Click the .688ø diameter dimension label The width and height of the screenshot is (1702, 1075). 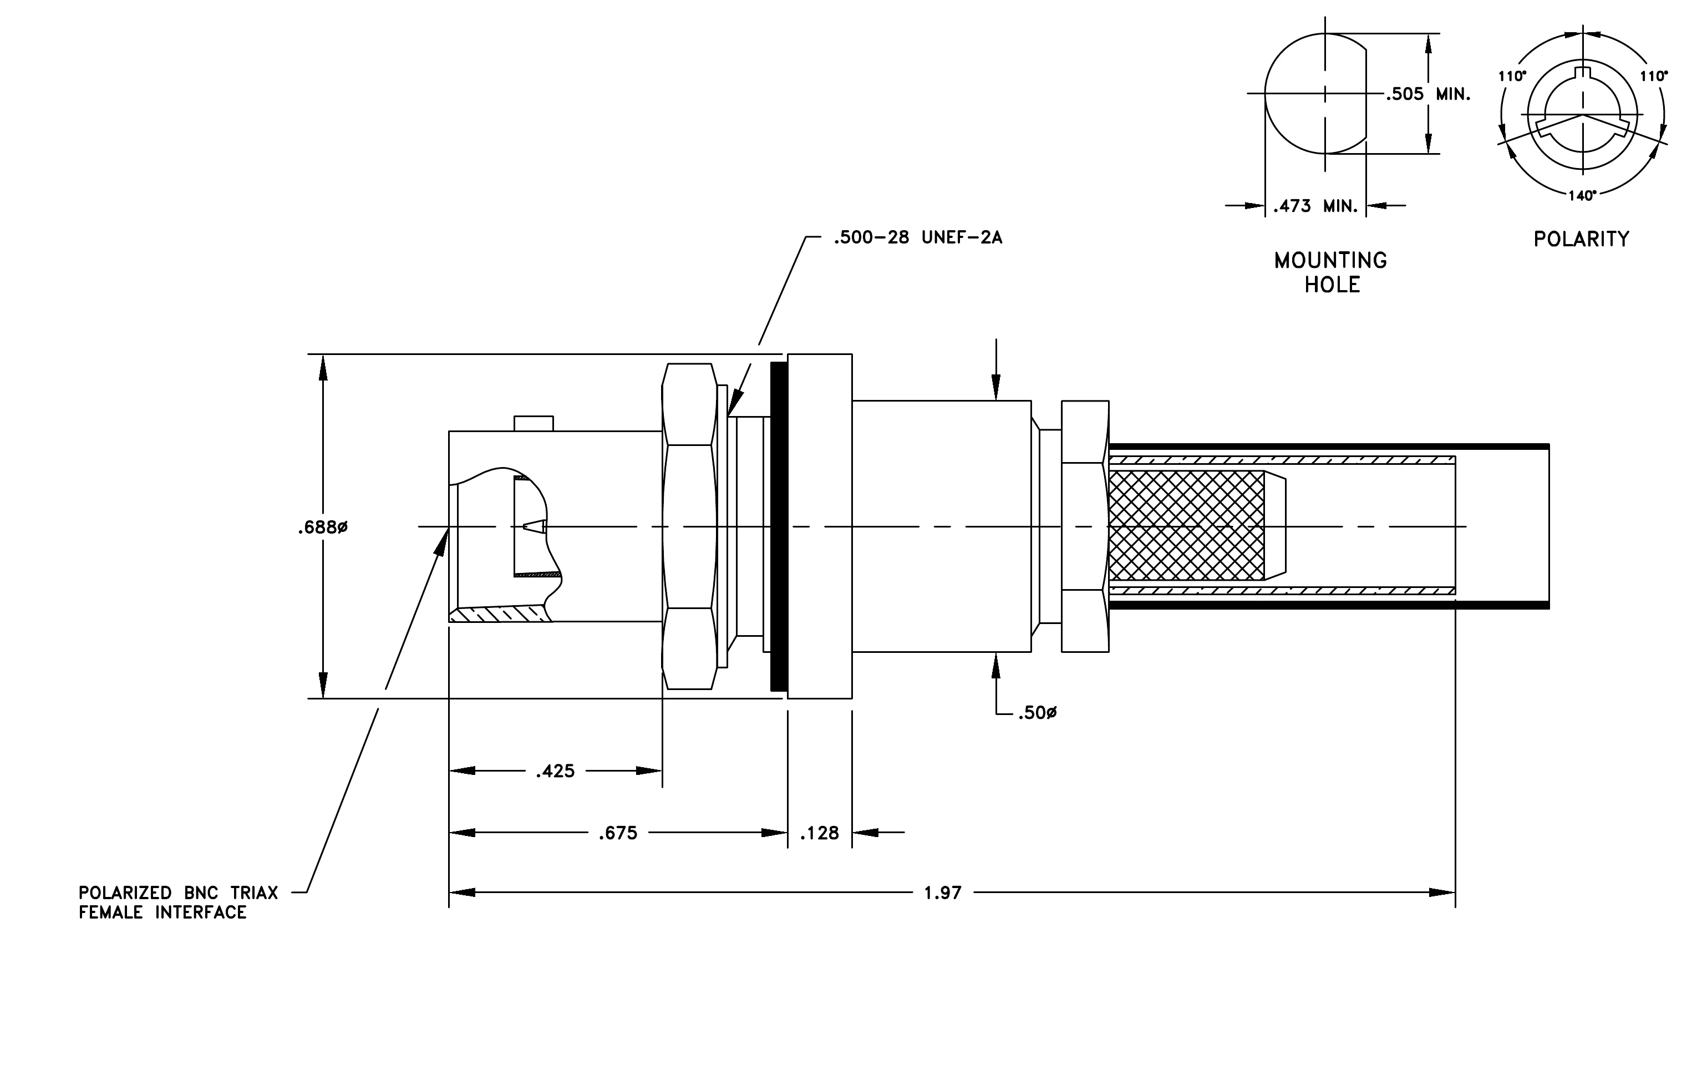click(322, 528)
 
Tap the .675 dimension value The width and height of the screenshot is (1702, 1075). click(618, 833)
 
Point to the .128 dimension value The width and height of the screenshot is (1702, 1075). click(819, 833)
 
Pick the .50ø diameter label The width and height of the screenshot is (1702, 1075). click(1037, 713)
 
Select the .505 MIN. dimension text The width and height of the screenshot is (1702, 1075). click(1427, 94)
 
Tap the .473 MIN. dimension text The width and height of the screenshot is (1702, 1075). click(1315, 206)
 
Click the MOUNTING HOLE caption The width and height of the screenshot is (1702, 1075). click(1331, 272)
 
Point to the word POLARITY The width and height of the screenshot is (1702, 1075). click(1581, 239)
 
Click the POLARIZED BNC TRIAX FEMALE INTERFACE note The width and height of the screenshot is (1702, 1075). click(178, 902)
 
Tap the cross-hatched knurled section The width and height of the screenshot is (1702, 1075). click(1187, 526)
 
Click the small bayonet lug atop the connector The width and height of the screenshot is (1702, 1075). click(534, 423)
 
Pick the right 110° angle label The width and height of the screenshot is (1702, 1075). click(1654, 75)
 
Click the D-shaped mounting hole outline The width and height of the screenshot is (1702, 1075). click(1265, 93)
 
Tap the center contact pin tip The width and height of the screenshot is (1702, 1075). click(525, 526)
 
